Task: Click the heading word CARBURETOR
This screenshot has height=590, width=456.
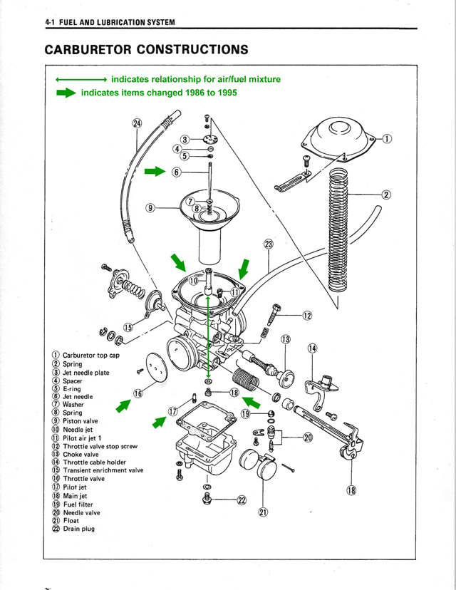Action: coord(86,50)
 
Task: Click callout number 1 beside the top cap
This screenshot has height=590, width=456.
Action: coord(387,139)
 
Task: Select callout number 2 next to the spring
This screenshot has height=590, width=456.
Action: coord(387,195)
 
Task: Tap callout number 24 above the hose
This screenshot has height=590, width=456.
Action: coord(138,123)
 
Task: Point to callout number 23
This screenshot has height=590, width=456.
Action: coord(269,244)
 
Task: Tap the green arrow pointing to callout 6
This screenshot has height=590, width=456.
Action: coord(154,172)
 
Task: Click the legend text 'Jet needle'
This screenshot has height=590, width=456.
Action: coord(78,397)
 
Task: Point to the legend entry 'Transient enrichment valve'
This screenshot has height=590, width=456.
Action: coord(103,470)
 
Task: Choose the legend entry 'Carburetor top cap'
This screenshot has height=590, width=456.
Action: coord(91,355)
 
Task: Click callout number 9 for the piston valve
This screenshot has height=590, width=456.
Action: coord(150,208)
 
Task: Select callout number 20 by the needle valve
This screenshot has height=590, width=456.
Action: coord(308,437)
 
